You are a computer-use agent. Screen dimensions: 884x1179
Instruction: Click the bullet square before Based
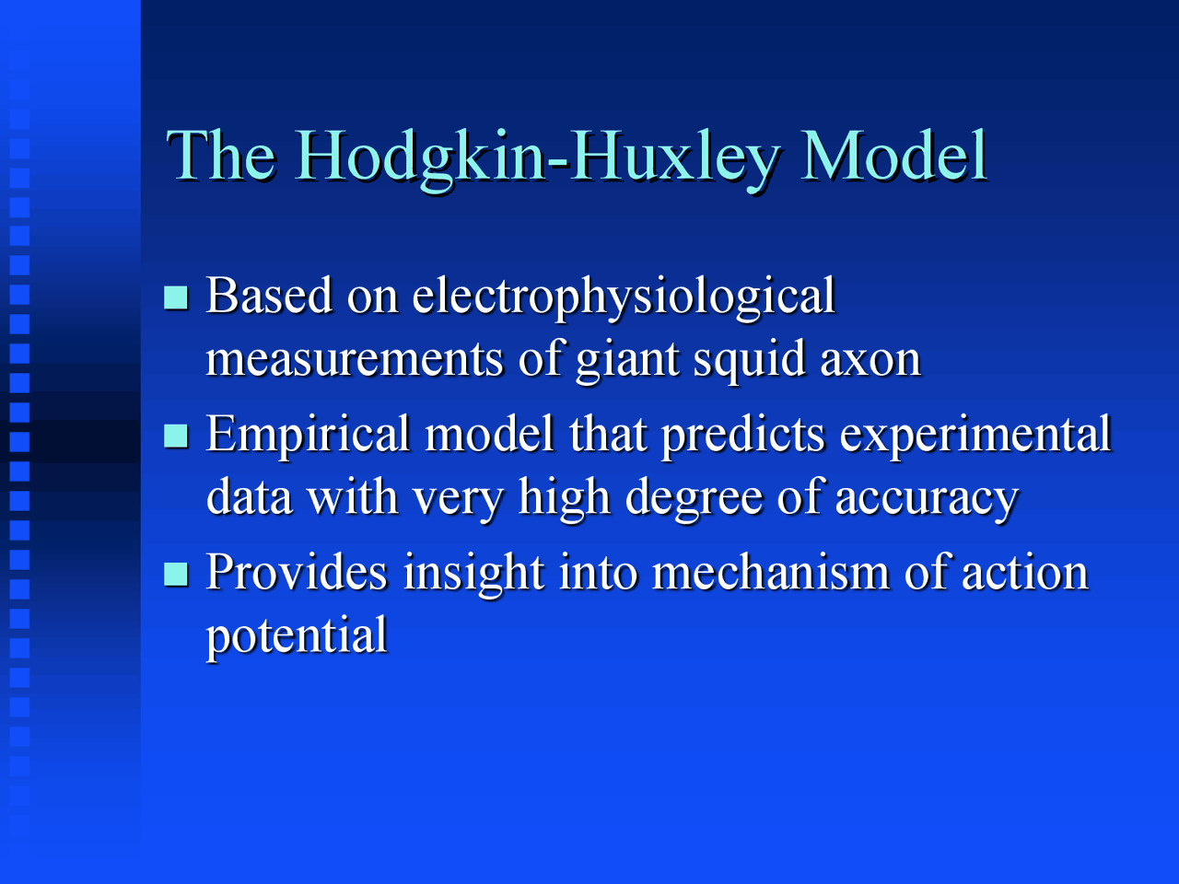175,297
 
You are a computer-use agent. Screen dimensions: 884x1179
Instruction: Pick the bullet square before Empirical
175,435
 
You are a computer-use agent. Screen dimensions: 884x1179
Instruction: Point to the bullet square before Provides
175,574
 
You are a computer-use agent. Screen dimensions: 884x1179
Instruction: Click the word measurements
355,359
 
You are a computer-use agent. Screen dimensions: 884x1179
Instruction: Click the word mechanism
770,573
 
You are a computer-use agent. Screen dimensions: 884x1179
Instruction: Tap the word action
1024,573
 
